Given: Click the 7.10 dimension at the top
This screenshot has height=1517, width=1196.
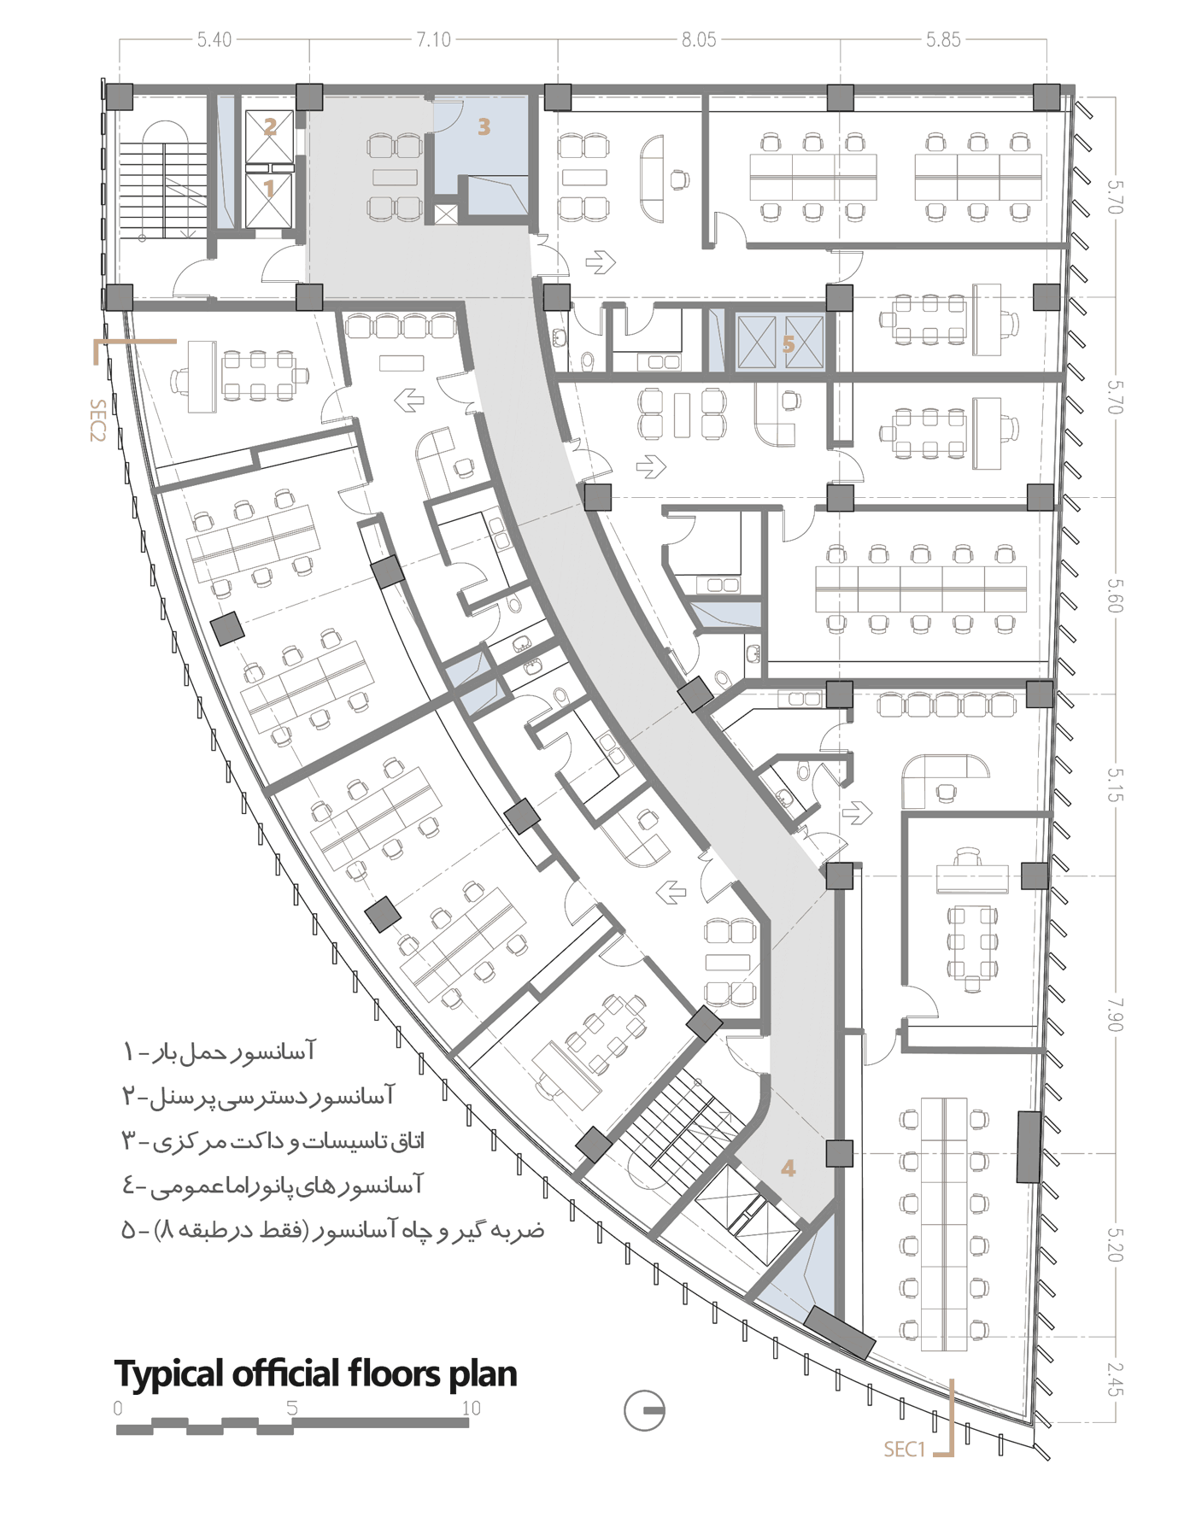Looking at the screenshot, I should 433,39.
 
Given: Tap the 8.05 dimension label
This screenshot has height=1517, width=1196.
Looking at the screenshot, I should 699,39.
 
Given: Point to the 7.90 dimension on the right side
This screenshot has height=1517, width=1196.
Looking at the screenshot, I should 1114,1014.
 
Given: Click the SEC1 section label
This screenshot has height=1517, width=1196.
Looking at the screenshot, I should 905,1450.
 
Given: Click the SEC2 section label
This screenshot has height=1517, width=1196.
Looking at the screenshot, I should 97,420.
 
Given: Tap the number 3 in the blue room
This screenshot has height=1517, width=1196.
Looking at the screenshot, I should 484,127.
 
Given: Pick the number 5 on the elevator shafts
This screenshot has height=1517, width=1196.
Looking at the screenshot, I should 788,343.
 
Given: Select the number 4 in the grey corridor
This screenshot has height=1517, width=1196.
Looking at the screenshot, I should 788,1168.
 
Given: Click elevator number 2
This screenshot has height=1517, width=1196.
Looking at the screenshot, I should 270,127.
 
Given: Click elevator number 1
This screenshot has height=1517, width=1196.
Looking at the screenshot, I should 269,188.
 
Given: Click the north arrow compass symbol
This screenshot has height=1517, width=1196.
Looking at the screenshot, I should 644,1410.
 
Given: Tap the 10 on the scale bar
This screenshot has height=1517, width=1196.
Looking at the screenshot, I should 472,1408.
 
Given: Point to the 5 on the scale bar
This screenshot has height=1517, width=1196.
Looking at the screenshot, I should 292,1408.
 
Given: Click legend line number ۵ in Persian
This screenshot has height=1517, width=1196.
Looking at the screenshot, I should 333,1230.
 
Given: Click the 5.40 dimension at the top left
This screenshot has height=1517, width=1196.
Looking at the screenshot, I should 214,39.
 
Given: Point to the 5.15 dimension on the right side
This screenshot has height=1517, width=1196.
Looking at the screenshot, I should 1114,784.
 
